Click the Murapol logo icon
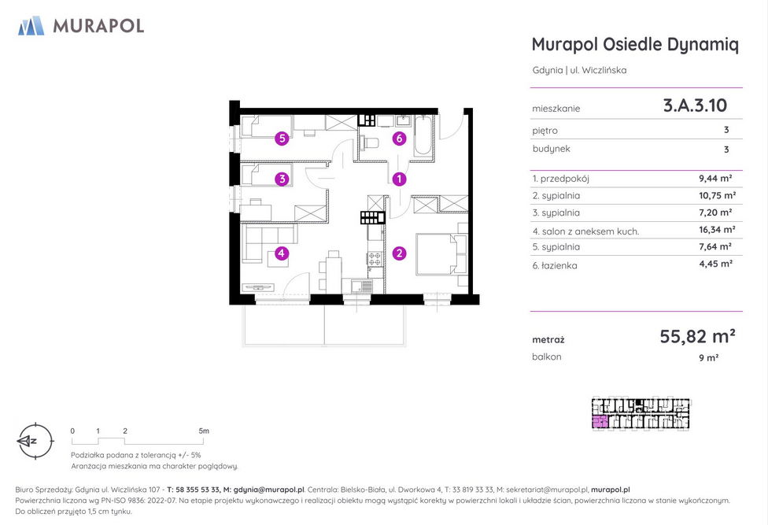tap(31, 25)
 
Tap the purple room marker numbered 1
tap(399, 179)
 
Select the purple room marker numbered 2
tap(399, 253)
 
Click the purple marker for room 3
tap(282, 179)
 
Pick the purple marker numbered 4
tap(281, 253)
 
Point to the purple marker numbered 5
tap(282, 139)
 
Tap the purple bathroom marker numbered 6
tap(399, 139)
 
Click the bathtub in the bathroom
tap(423, 135)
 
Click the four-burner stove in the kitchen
tap(375, 258)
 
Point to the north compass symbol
tap(35, 442)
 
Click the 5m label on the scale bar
tap(204, 431)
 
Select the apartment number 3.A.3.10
tap(695, 105)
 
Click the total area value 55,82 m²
tap(697, 336)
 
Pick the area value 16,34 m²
tap(717, 230)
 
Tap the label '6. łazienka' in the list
tap(555, 265)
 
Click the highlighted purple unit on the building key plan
tap(600, 422)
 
